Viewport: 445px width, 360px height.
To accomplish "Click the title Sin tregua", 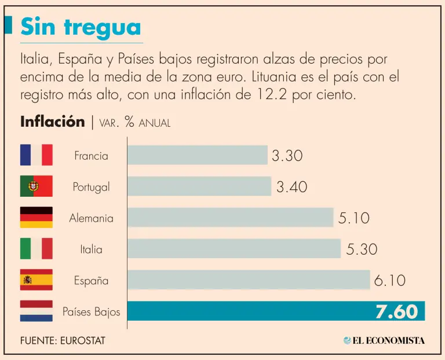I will point(81,27).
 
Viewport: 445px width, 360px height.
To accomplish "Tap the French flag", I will point(36,155).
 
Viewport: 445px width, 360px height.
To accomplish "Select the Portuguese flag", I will point(36,186).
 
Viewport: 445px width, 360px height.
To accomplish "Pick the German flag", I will point(36,218).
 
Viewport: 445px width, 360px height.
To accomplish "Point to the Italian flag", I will point(36,249).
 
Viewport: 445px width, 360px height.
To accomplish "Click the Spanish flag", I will point(36,280).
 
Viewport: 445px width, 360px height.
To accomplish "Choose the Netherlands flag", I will point(36,311).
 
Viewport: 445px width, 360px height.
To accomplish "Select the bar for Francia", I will point(197,155).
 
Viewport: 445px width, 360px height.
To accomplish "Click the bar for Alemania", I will point(230,218).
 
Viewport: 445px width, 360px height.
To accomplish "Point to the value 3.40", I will point(291,187).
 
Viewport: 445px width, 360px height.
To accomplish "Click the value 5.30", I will point(362,249).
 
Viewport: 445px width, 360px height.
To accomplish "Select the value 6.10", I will point(389,281).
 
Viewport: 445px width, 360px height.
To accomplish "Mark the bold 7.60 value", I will point(396,311).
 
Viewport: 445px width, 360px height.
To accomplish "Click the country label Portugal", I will point(91,187).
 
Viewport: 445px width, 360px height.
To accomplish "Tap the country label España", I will point(91,281).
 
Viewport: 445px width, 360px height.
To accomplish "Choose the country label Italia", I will point(91,249).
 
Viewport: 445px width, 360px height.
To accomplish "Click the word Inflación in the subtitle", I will point(52,122).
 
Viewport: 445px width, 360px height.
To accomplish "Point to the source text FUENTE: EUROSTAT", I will point(63,340).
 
